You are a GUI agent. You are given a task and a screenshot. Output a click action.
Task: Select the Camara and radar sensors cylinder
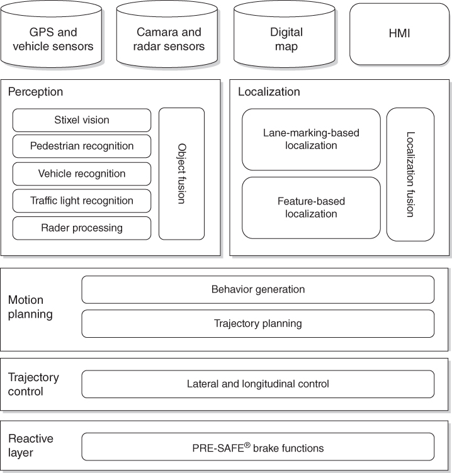coord(169,39)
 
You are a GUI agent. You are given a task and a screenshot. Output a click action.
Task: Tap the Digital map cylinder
coord(286,39)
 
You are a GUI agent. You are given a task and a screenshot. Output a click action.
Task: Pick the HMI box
coord(400,34)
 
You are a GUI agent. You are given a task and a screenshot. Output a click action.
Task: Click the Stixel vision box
coord(82,120)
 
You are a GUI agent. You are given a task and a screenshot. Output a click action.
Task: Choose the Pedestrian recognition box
coord(82,146)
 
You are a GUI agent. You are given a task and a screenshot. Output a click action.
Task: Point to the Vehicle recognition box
coord(82,174)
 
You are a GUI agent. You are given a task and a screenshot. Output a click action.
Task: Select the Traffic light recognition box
coord(82,201)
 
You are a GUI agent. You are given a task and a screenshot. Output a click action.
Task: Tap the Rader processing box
coord(82,228)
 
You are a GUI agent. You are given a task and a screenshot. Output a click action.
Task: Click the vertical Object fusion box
coord(181,174)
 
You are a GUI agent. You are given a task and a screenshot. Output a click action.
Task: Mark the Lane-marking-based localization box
coord(311,140)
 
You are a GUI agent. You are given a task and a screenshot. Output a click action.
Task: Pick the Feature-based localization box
coord(311,208)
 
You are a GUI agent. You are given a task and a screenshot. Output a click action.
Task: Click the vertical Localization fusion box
coord(410,174)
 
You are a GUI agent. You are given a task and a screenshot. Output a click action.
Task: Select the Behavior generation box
coord(257,289)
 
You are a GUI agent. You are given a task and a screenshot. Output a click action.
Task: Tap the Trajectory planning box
coord(257,323)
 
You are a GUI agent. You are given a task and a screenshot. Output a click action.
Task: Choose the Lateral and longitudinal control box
coord(257,384)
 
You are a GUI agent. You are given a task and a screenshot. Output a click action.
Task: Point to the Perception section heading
coord(35,92)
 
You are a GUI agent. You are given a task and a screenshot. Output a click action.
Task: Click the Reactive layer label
coord(31,445)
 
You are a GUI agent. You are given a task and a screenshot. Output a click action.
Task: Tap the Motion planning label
coord(30,307)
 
